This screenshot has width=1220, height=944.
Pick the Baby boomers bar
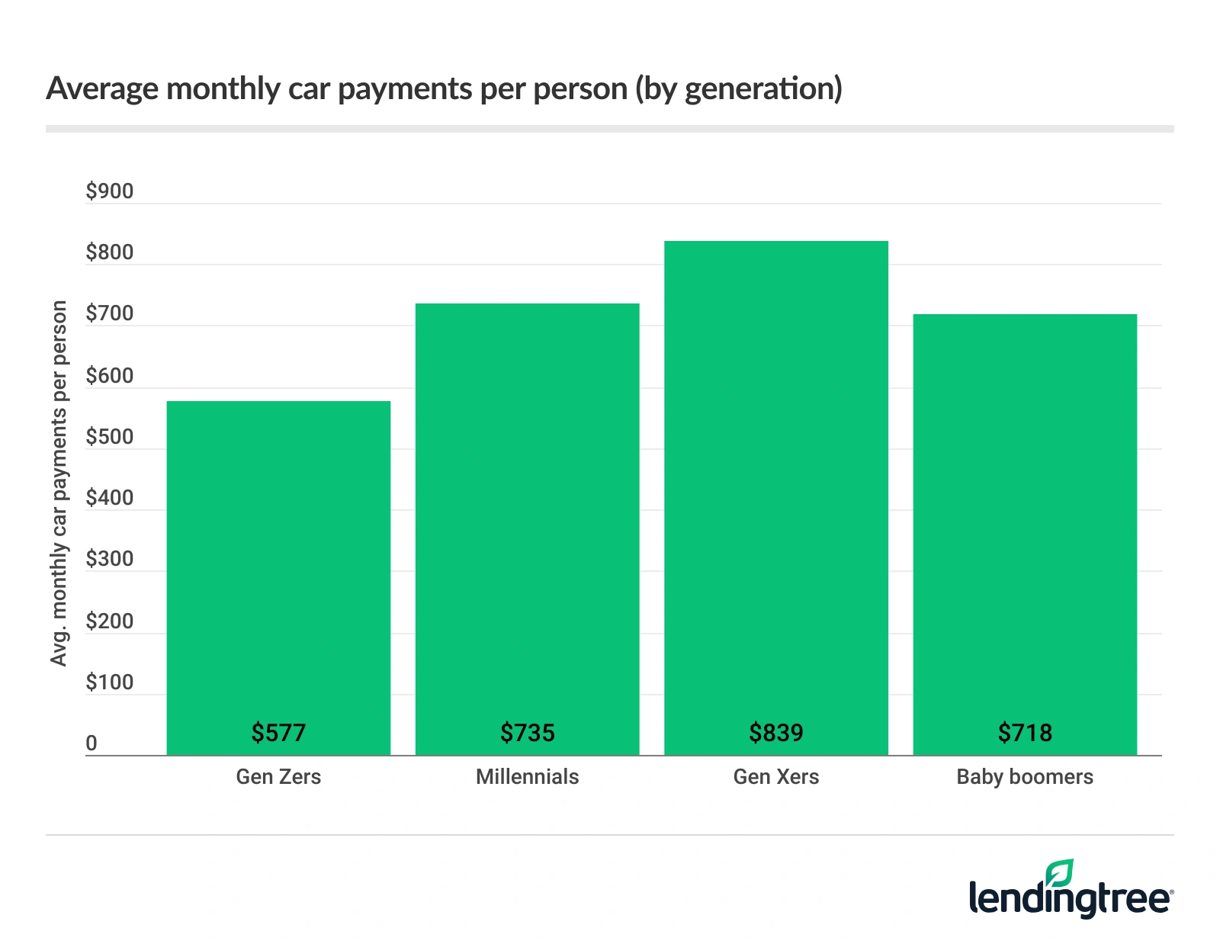click(x=1025, y=534)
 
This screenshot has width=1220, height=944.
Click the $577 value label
click(x=278, y=733)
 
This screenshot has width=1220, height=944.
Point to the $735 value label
click(x=527, y=733)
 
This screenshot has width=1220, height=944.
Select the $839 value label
click(x=775, y=733)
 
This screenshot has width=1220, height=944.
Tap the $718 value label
click(x=1025, y=733)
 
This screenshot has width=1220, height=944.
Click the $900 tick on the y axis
click(x=109, y=191)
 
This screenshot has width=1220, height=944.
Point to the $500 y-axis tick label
click(x=109, y=437)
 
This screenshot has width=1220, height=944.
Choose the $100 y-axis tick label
click(x=109, y=682)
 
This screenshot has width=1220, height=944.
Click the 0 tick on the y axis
click(x=91, y=743)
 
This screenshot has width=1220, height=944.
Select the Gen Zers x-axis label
click(x=278, y=777)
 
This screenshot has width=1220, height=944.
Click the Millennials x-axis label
click(x=527, y=777)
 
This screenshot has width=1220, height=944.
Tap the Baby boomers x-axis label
click(x=1025, y=777)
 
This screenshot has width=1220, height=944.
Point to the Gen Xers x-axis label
click(x=775, y=777)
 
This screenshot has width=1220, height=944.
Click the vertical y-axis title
click(x=59, y=483)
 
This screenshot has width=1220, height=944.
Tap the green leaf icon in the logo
click(x=1060, y=872)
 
